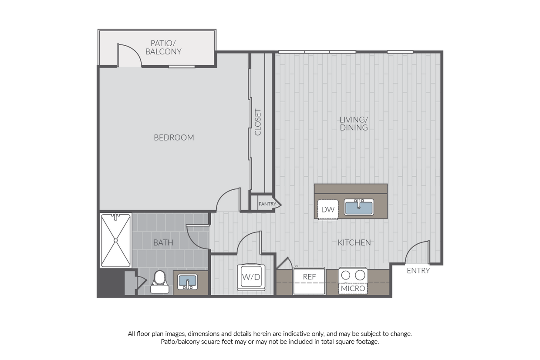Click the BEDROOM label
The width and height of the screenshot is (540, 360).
(174, 138)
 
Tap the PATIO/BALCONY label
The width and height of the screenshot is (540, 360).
(163, 47)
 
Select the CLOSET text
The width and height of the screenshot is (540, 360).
(258, 122)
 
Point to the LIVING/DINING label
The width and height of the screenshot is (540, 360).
(354, 124)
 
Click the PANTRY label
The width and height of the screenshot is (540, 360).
(267, 204)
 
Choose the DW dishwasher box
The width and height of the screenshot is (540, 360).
(328, 209)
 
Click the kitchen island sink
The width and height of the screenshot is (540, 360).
(359, 208)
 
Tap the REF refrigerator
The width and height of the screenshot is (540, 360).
(309, 281)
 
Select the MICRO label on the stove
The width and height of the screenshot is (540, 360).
(353, 289)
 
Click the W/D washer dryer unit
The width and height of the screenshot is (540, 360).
(251, 277)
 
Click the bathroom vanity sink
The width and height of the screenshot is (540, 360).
(188, 282)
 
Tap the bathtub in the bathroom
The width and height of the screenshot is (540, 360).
(116, 240)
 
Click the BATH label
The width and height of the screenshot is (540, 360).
(163, 243)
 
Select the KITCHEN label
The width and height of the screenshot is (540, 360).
(354, 242)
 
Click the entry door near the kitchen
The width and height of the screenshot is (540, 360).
(417, 252)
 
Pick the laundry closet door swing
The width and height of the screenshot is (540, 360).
(249, 243)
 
